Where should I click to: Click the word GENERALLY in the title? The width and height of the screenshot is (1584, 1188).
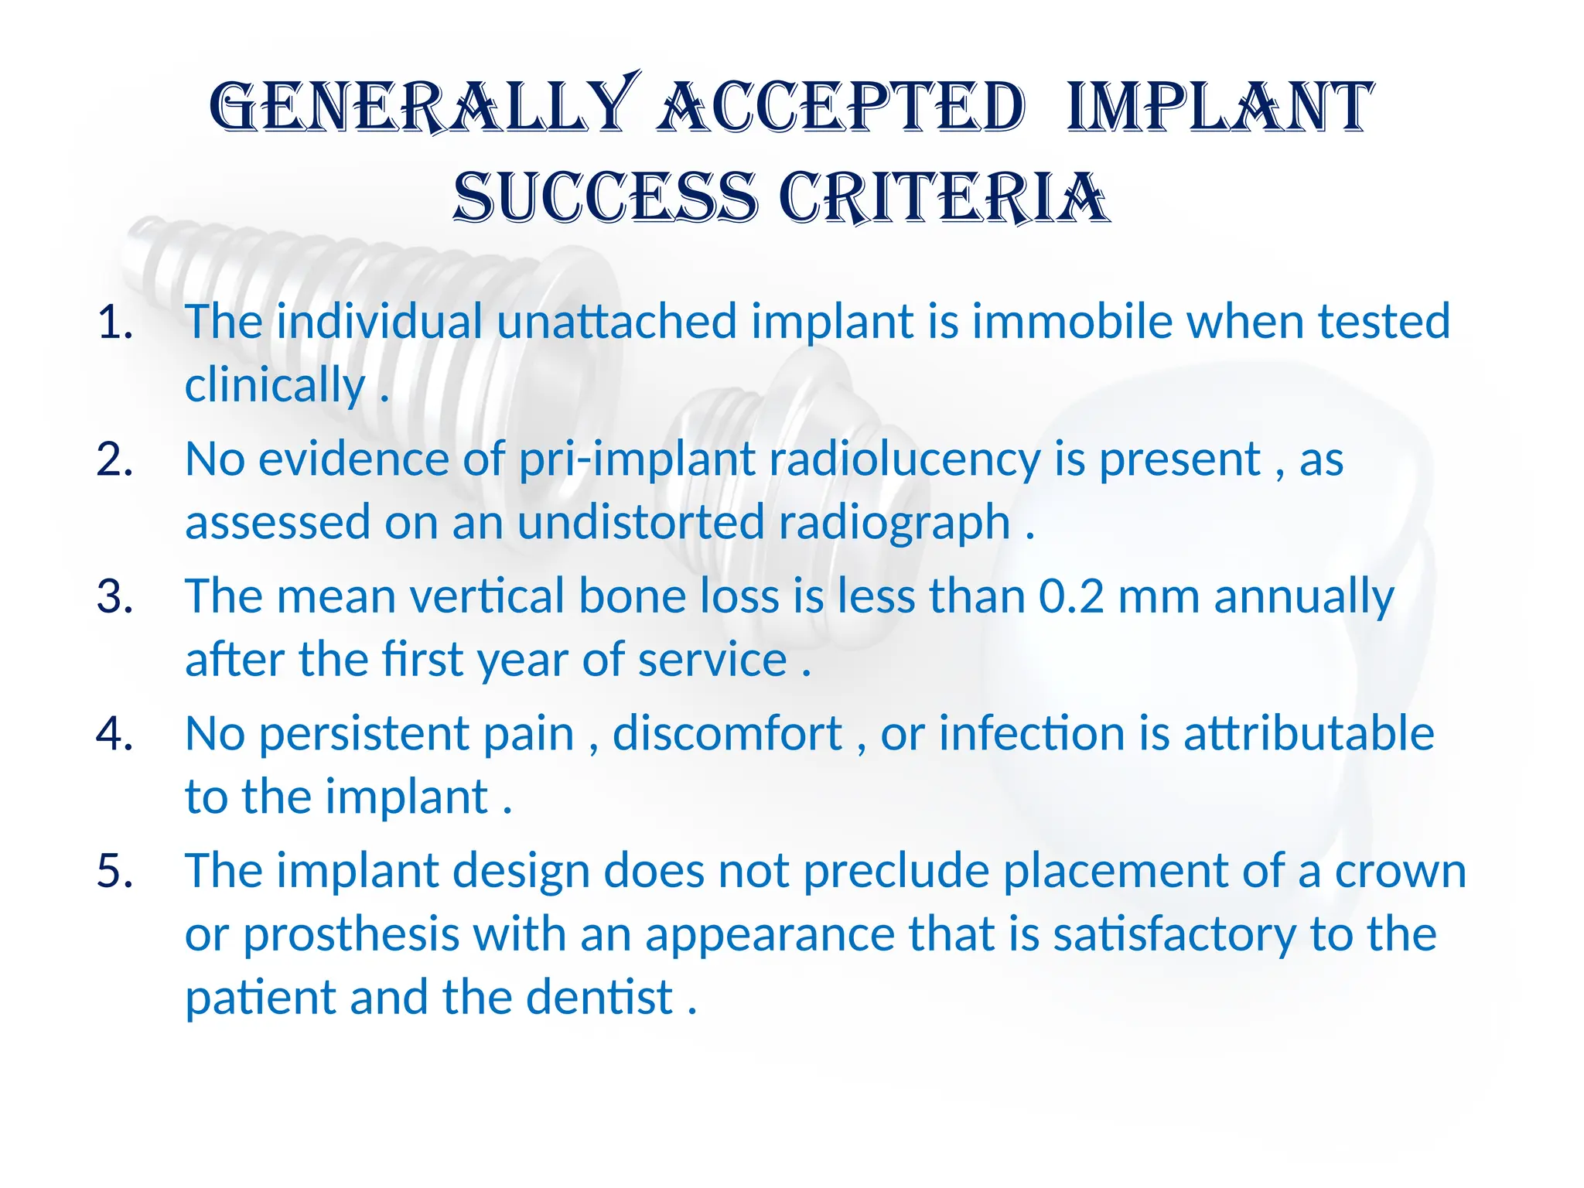coord(422,107)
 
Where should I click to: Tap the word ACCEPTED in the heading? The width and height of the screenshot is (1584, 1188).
coord(841,107)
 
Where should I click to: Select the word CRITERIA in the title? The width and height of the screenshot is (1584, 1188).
coord(944,198)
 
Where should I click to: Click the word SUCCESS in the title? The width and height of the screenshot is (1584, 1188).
coord(605,198)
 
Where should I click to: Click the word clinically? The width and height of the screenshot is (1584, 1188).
coord(275,385)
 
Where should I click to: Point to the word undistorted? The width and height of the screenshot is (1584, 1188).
coord(640,522)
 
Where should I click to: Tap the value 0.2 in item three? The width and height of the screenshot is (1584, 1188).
coord(1071,597)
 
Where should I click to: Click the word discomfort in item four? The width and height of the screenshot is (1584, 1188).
coord(727,733)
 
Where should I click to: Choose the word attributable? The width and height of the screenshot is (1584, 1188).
coord(1309,733)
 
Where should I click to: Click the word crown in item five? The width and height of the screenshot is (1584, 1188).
coord(1401,871)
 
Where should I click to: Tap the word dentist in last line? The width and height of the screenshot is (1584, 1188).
coord(599,997)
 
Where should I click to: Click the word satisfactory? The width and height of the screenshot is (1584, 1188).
coord(1174,935)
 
